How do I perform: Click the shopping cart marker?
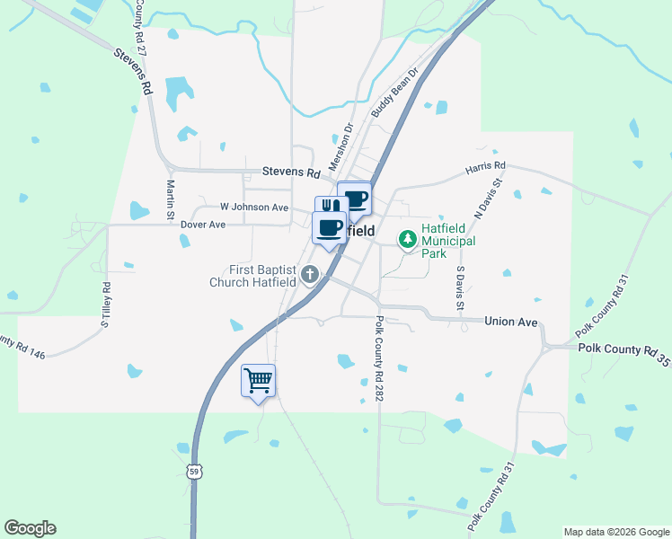259,381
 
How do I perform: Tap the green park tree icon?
409,239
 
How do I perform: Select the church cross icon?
311,274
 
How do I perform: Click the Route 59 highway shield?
195,471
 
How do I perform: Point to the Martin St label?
170,200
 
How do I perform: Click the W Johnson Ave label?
254,208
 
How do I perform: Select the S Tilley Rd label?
105,305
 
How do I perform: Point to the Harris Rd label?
485,167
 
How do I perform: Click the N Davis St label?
488,197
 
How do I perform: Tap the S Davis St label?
460,287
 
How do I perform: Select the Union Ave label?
510,321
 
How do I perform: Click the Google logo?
30,528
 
